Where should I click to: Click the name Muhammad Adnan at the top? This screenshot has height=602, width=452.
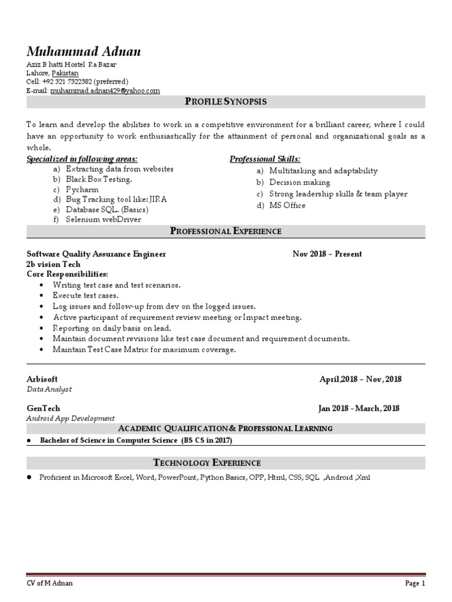click(x=84, y=52)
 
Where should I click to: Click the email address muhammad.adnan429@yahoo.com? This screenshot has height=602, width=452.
click(x=105, y=91)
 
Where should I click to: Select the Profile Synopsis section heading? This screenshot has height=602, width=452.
click(x=226, y=102)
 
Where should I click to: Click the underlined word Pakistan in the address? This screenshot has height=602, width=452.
click(x=65, y=73)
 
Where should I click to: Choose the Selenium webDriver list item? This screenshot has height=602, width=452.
click(x=104, y=219)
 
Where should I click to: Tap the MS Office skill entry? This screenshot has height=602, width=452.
click(x=287, y=205)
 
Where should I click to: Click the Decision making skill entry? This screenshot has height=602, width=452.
click(x=300, y=182)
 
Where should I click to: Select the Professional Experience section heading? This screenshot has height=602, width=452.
click(x=226, y=231)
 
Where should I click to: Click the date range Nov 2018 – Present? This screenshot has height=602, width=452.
click(x=327, y=254)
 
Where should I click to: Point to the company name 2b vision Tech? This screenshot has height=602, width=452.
click(x=54, y=264)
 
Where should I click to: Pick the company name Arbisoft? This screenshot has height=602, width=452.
click(x=42, y=379)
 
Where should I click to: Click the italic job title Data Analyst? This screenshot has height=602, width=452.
click(x=49, y=389)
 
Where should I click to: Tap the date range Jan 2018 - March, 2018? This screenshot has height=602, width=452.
click(x=359, y=408)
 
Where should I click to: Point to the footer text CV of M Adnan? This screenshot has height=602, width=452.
click(x=50, y=584)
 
